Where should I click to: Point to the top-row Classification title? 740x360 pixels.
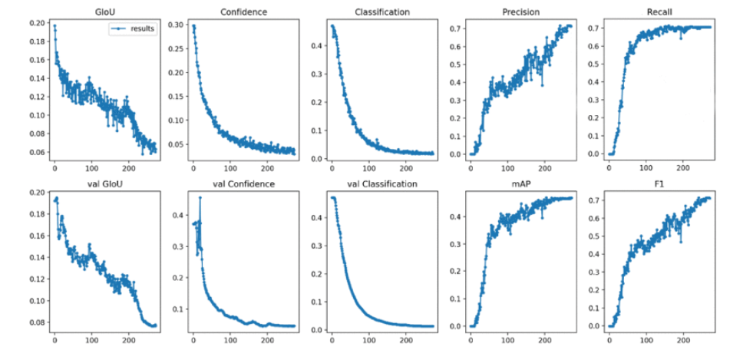click(382, 12)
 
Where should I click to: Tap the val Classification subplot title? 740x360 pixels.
click(382, 184)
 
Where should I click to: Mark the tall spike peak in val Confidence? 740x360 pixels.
click(200, 198)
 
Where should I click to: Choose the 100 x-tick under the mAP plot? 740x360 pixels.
click(507, 339)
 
